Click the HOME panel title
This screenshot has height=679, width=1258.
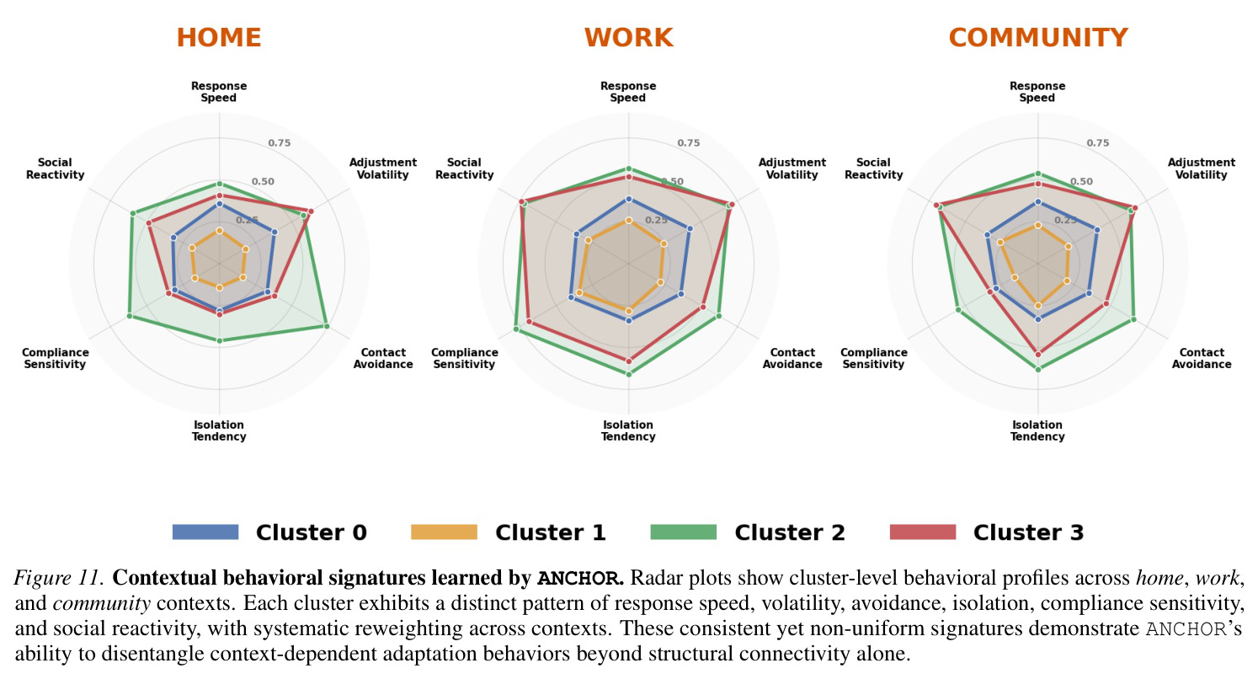click(219, 38)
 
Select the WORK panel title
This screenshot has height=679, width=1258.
click(628, 38)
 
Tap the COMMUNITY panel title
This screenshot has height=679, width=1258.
click(1038, 38)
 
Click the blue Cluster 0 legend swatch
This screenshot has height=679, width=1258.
click(205, 532)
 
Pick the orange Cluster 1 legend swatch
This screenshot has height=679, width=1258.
click(445, 532)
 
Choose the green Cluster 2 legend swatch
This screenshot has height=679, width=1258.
click(684, 532)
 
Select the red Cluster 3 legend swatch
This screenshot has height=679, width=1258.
click(923, 532)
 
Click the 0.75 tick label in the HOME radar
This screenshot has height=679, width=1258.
click(279, 142)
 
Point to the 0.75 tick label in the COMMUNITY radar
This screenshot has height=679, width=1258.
click(1098, 142)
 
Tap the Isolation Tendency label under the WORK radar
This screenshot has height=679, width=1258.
click(628, 430)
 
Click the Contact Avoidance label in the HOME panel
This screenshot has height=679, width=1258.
click(383, 358)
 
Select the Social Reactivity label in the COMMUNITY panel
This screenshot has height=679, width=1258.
click(874, 168)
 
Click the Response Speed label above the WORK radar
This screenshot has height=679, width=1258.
click(628, 92)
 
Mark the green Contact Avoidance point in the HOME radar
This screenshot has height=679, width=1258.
click(327, 326)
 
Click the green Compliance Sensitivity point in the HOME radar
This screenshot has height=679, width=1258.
click(129, 316)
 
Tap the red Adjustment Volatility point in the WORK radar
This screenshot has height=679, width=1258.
click(731, 205)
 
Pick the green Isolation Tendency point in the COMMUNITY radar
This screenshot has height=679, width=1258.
click(1038, 369)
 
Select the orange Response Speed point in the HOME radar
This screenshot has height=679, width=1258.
click(219, 231)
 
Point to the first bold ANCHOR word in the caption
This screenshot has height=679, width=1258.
click(580, 579)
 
